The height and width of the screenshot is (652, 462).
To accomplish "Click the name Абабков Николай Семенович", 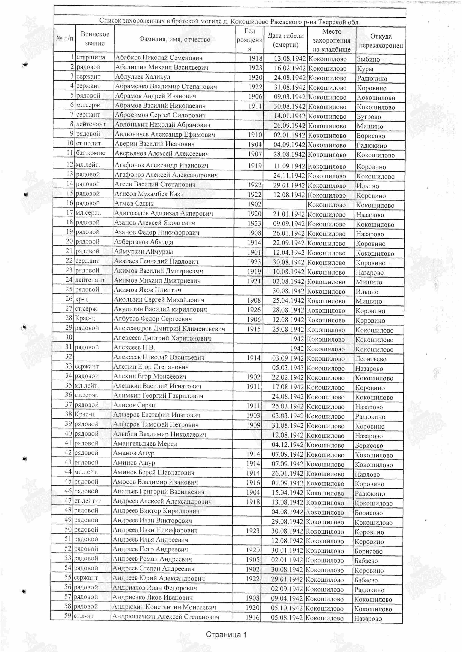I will [159, 58].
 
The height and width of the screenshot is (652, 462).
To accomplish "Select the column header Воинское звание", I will [95, 39].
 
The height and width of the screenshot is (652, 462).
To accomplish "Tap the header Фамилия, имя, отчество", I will [174, 40].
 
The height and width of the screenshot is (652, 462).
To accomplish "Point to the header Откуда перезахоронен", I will [381, 41].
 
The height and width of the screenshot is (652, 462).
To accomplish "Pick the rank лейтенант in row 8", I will [91, 124].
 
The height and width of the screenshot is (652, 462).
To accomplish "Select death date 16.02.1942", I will [290, 68].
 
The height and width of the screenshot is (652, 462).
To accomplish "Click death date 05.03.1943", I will [288, 368].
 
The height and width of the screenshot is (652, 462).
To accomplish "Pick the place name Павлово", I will [367, 474].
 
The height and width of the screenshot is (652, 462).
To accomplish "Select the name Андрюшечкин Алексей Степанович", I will [166, 617].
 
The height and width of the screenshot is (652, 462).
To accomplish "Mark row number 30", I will [69, 337].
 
